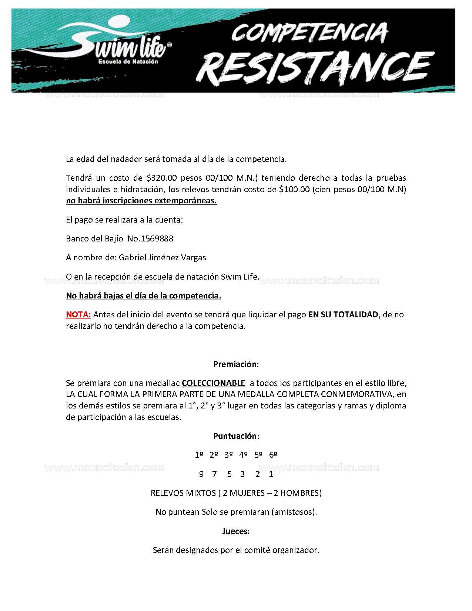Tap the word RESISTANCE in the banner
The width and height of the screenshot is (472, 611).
coord(315,69)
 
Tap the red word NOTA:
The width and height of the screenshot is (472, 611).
coord(78,315)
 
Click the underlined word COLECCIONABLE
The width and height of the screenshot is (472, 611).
coord(213,383)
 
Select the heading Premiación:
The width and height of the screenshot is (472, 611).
coord(236,364)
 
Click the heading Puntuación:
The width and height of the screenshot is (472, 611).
coord(236,436)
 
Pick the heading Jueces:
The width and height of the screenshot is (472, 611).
coord(236,531)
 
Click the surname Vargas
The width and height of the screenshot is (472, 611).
coord(194,258)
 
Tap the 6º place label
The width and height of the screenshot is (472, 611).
coord(273,455)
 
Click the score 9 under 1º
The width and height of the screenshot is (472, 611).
coord(201,474)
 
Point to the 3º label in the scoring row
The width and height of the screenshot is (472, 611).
coord(228,455)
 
